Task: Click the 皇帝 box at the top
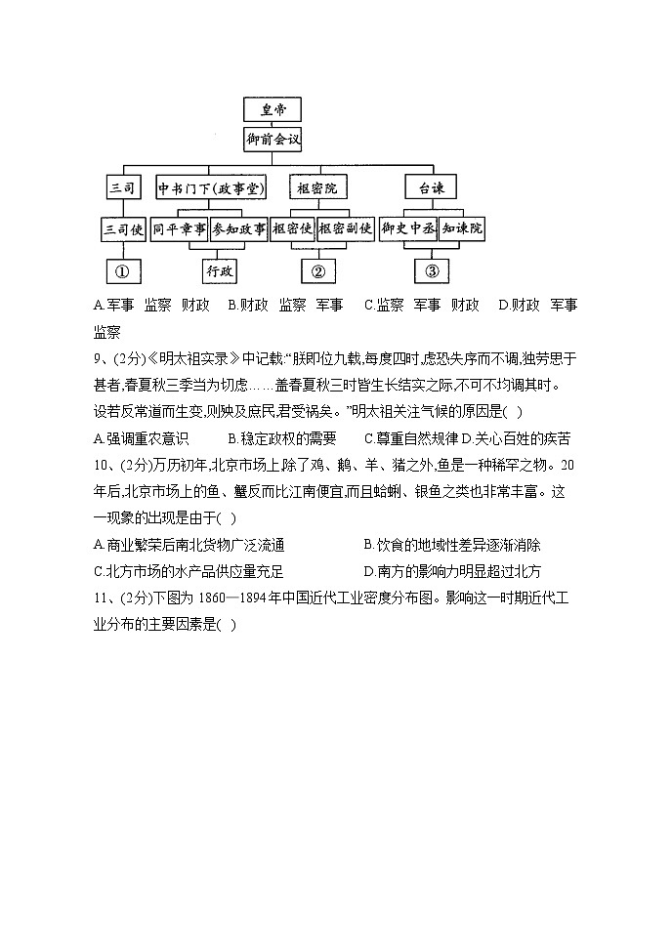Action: point(273,109)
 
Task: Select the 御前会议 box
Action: point(273,140)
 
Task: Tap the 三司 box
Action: point(124,187)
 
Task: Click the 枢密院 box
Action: point(316,187)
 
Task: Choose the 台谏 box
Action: point(431,187)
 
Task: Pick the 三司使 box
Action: point(124,229)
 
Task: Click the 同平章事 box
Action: point(180,229)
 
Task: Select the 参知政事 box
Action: point(238,229)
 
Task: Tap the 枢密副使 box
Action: point(346,229)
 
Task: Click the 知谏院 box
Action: point(462,229)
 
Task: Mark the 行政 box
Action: point(220,270)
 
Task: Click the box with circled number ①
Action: point(124,270)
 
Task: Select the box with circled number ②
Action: point(317,270)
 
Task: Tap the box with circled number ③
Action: point(432,270)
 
